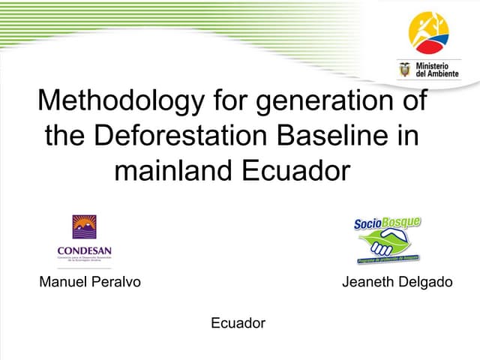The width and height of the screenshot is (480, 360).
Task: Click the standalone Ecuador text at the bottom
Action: tap(238, 323)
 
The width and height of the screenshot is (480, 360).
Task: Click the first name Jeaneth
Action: tap(368, 283)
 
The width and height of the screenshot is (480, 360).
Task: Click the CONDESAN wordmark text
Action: tap(84, 251)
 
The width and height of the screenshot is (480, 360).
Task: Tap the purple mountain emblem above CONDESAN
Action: tap(84, 227)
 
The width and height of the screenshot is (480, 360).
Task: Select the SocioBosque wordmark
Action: tap(387, 223)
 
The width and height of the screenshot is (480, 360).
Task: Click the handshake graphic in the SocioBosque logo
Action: tap(386, 244)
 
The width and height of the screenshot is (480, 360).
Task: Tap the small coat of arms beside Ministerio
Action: tap(405, 70)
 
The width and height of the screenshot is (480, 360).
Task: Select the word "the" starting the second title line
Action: tap(64, 136)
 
